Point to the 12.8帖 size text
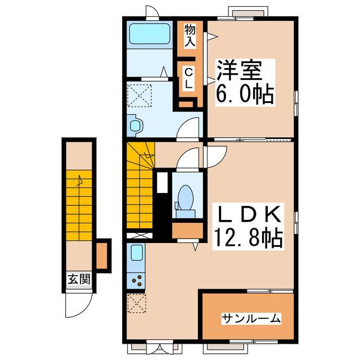tap(247, 239)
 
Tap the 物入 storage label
tap(190, 35)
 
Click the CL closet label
tap(188, 78)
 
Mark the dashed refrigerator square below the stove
tap(136, 304)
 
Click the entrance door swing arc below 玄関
tap(76, 304)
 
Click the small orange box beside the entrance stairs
tap(102, 255)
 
